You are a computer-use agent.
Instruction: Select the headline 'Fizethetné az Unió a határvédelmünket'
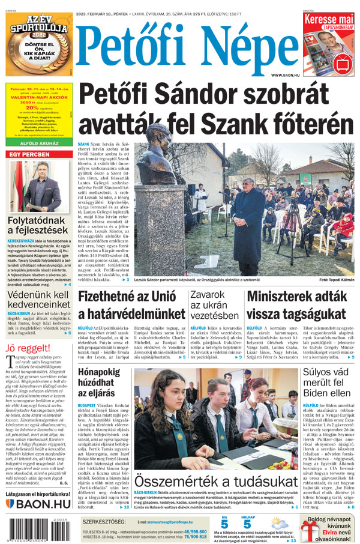(131, 306)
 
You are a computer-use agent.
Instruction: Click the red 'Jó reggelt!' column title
(28, 348)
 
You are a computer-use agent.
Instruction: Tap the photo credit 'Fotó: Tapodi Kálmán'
(336, 280)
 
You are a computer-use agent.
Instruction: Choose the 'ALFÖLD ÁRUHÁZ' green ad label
(38, 144)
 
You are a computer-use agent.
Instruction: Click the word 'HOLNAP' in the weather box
(248, 517)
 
